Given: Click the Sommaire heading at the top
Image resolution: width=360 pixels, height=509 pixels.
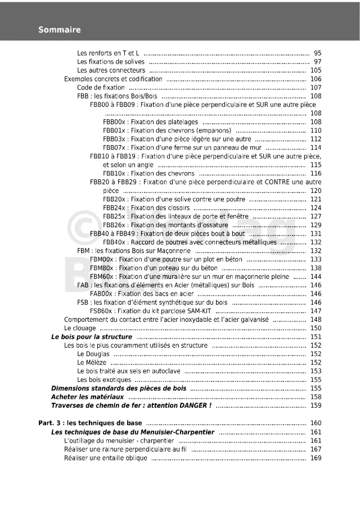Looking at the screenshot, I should tap(60, 30).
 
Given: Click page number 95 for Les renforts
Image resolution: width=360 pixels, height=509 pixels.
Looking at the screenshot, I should tap(317, 53).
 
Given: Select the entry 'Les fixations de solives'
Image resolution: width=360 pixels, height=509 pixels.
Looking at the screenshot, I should tap(111, 62).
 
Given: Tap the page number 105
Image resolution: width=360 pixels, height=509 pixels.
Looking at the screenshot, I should tap(316, 71).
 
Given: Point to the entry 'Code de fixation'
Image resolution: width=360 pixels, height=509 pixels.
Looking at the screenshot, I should tap(101, 88).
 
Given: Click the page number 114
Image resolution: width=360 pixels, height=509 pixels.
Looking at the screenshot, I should tap(316, 147).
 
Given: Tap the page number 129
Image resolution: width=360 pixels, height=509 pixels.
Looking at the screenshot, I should tap(316, 225).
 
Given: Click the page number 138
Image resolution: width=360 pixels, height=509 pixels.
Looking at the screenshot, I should tap(316, 268).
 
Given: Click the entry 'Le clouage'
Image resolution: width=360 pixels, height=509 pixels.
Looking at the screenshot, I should tap(80, 328).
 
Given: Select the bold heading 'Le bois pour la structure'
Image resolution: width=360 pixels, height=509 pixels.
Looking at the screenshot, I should tap(92, 337).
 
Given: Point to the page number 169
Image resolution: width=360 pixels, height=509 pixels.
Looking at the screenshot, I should tap(316, 458).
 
